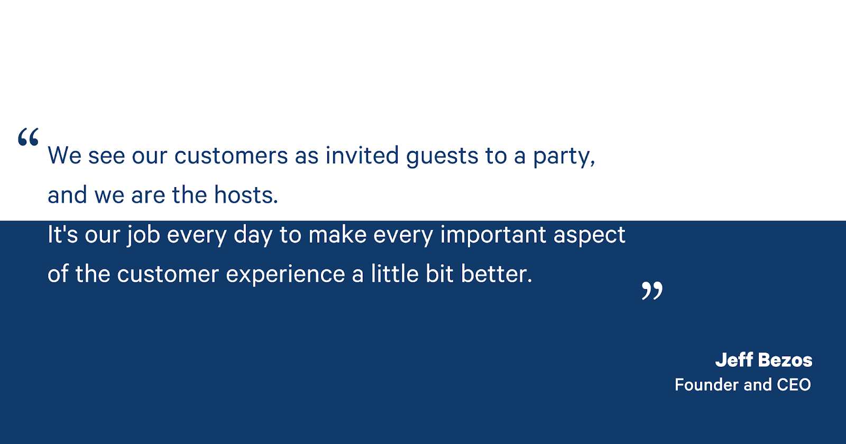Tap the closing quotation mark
[652, 291]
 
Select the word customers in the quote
[231, 156]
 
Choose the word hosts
[246, 195]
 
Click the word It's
[63, 234]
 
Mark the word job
[143, 235]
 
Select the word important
[493, 235]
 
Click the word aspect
[590, 235]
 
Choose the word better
[496, 274]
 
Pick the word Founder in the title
[706, 385]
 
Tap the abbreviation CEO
[794, 385]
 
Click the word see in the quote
[106, 156]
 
